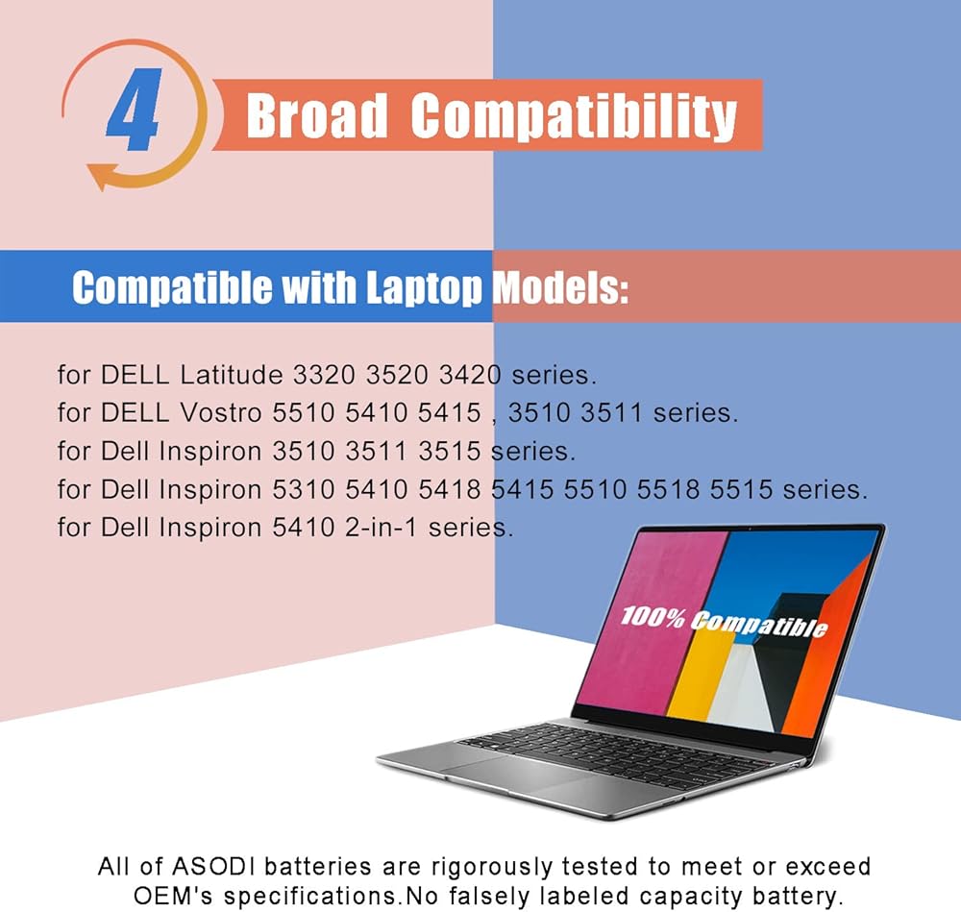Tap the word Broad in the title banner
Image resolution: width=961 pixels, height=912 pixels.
(x=316, y=115)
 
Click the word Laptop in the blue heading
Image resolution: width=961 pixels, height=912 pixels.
(x=424, y=286)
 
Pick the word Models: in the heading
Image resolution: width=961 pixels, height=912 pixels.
(x=561, y=286)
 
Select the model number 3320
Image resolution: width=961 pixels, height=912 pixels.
(x=324, y=375)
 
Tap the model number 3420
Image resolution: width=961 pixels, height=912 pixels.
(x=470, y=375)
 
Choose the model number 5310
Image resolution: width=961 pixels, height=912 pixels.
(x=304, y=489)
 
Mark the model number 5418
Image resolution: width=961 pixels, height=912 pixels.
(x=449, y=489)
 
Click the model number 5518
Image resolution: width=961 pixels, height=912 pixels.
(x=668, y=489)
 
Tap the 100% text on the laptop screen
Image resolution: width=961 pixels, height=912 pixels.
(x=653, y=617)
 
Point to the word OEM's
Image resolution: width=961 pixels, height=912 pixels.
(x=173, y=896)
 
